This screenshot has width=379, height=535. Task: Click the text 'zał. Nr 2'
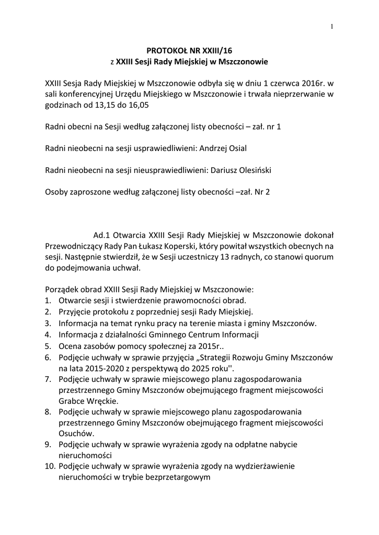tap(254, 192)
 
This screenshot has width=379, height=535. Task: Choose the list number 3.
tap(48, 323)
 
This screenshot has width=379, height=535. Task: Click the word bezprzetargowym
tap(177, 477)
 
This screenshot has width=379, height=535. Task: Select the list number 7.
tap(48, 379)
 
